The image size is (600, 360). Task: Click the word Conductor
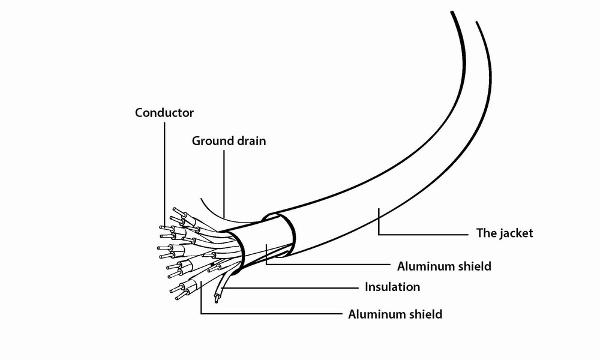[164, 113]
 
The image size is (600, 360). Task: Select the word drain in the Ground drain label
[250, 142]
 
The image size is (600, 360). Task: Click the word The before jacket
[485, 233]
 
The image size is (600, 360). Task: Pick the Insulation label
[392, 287]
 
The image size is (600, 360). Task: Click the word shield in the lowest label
[426, 314]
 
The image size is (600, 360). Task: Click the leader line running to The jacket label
[420, 233]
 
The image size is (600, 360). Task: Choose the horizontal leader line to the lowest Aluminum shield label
[270, 314]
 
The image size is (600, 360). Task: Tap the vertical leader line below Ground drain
[223, 180]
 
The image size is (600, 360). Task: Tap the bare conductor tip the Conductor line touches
[164, 227]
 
